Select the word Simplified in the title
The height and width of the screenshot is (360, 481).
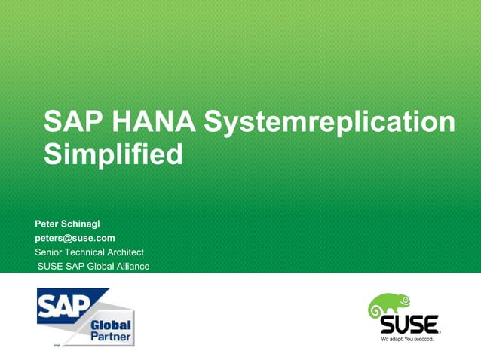pos(113,155)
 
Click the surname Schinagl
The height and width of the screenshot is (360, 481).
pos(92,224)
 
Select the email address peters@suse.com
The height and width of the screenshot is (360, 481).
pos(75,238)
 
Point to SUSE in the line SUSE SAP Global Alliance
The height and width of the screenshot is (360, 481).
pos(53,266)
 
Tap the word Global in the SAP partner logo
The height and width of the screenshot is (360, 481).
pos(111,325)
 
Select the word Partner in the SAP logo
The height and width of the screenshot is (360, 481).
pos(111,336)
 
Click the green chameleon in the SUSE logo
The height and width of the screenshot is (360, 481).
pos(388,306)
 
